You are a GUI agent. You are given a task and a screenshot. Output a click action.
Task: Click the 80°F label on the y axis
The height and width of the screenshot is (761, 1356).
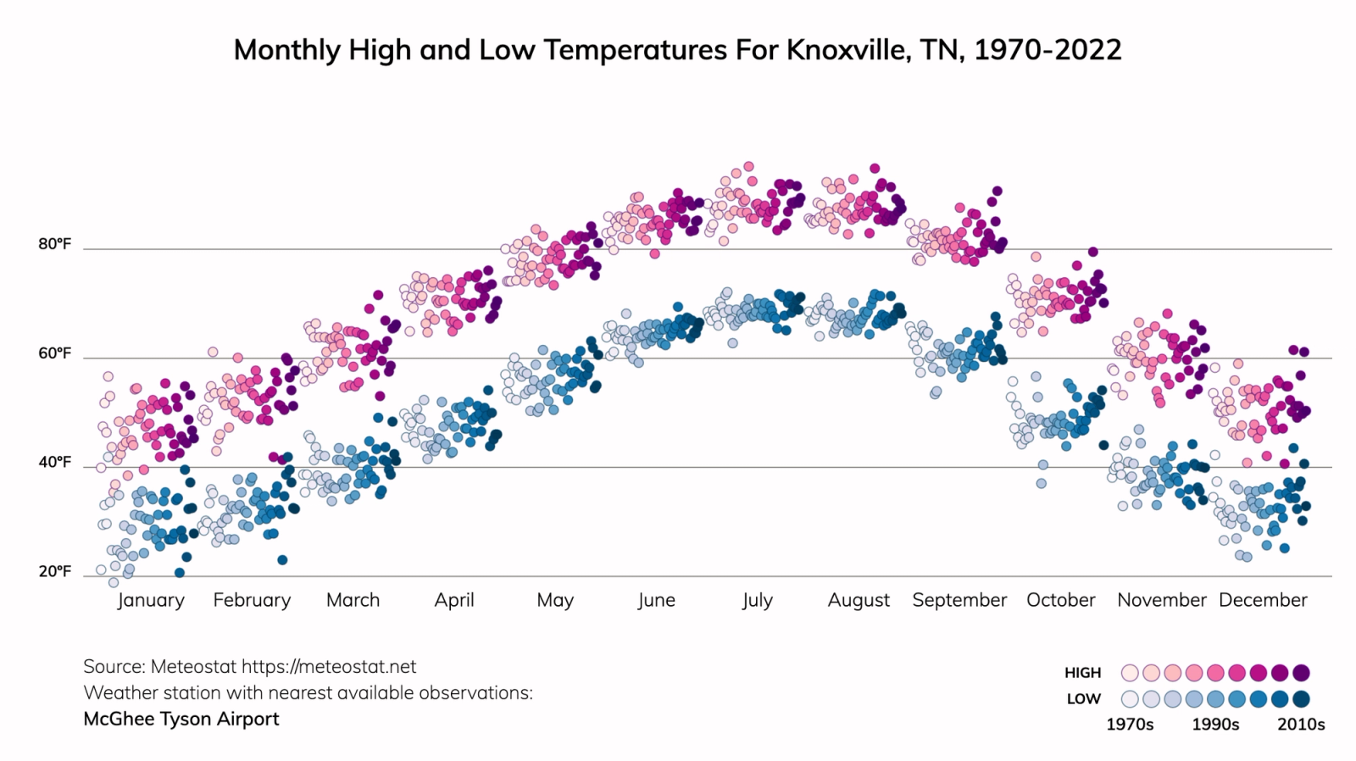point(54,244)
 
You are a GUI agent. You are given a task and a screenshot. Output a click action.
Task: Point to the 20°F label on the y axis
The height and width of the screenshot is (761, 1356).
point(54,571)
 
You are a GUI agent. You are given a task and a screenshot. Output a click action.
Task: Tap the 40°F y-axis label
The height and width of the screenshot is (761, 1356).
point(54,463)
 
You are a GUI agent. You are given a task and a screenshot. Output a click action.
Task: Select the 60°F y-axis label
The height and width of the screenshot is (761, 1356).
point(54,353)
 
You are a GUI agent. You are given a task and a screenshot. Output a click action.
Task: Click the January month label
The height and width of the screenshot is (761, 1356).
point(151,600)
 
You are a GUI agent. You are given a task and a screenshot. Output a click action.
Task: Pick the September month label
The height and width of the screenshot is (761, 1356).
point(959,600)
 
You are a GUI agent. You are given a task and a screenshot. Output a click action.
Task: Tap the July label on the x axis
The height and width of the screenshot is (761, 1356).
point(757,600)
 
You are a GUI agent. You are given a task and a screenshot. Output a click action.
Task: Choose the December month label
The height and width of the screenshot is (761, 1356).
point(1263,600)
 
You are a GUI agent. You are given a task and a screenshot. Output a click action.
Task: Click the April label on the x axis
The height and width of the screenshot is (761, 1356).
point(454,600)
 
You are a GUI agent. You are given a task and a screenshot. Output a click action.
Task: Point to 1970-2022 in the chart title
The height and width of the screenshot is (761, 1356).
point(1048,50)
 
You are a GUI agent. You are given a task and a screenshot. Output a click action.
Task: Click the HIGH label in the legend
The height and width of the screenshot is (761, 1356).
point(1082,673)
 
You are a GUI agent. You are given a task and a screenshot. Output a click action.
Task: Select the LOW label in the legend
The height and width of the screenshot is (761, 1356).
point(1083,699)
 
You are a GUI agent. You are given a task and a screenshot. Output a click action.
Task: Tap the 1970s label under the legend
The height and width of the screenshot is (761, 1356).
point(1130,725)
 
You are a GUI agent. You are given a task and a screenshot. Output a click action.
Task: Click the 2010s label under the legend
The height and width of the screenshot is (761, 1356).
point(1301,725)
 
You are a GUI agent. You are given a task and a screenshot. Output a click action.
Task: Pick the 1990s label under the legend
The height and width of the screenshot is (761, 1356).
point(1215,725)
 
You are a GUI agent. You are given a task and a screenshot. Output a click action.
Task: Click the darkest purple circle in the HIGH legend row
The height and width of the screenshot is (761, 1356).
point(1302,673)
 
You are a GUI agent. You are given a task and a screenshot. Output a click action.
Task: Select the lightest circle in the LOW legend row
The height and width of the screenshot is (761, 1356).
point(1130,699)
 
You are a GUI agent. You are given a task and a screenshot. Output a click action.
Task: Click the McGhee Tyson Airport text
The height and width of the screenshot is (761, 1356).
point(181,719)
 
